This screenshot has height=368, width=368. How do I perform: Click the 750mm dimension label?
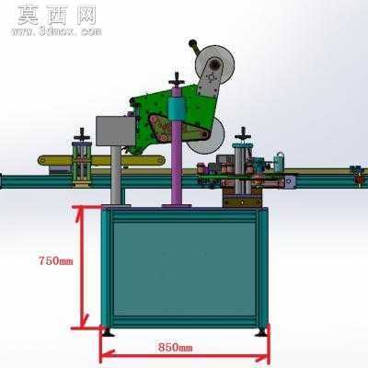[x=56, y=261]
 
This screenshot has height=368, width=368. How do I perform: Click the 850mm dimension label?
[x=176, y=348]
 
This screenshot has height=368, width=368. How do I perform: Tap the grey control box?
[x=116, y=131]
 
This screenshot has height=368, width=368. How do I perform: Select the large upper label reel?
[x=215, y=64]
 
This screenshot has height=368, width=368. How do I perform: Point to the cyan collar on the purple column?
[x=177, y=108]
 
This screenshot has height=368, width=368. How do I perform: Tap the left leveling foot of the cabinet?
[x=108, y=332]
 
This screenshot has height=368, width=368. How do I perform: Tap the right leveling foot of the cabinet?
[x=261, y=332]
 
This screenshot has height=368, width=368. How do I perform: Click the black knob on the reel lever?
[x=192, y=43]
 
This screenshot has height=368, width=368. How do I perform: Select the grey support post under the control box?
[x=116, y=175]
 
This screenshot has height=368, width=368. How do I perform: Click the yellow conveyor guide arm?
[x=101, y=160]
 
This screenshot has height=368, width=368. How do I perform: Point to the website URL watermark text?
[x=56, y=31]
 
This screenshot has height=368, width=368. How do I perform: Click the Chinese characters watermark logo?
[x=57, y=15]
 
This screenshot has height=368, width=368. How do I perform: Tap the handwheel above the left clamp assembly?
[x=82, y=134]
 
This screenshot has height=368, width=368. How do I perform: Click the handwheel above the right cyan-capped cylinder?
[x=243, y=134]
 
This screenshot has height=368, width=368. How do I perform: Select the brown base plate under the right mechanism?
[x=242, y=202]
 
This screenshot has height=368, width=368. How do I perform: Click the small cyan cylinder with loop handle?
[x=279, y=162]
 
